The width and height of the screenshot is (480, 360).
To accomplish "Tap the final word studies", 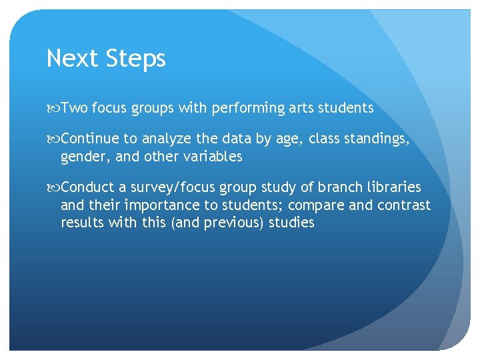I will pyautogui.click(x=291, y=223).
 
